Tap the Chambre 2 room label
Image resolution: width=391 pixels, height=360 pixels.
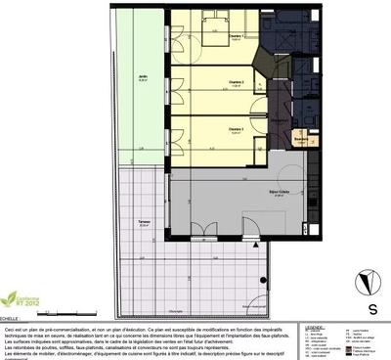click(236, 81)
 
